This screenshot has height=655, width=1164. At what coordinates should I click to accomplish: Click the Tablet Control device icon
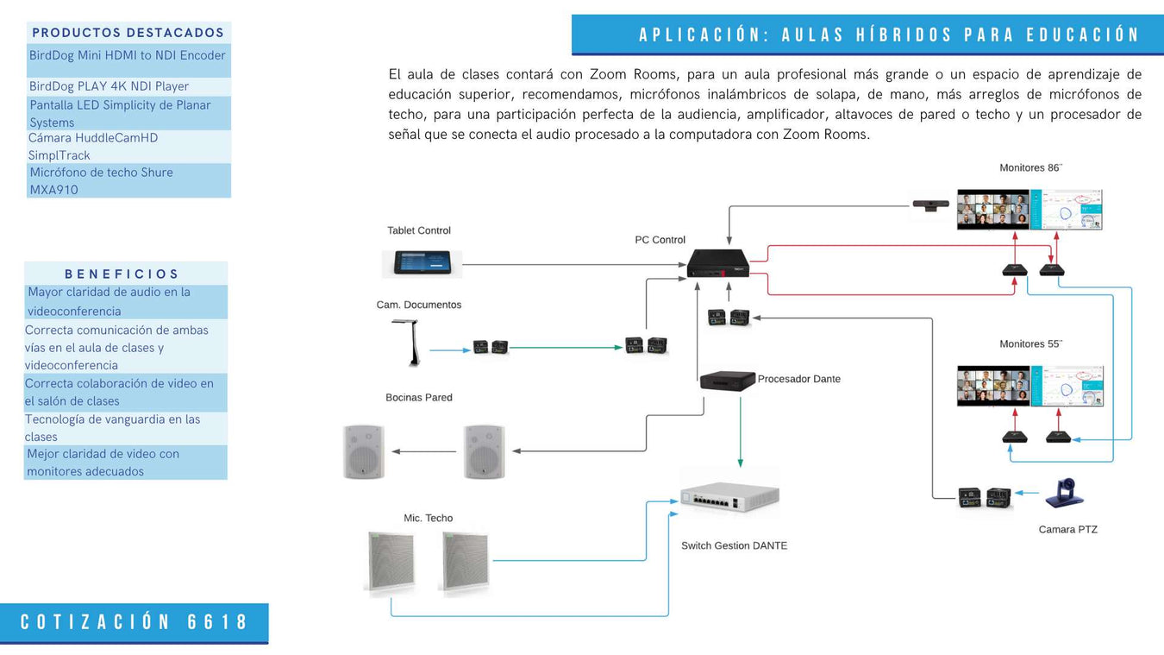(422, 262)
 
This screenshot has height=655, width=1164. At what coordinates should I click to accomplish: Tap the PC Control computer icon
(717, 263)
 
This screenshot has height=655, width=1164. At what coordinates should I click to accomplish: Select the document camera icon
(404, 343)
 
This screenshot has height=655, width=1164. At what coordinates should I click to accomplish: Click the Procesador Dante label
(798, 379)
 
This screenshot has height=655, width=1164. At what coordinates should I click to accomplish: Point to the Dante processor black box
(727, 381)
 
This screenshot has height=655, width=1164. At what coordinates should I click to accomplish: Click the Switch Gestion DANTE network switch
(729, 497)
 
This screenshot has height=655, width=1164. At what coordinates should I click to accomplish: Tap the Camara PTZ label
(1067, 529)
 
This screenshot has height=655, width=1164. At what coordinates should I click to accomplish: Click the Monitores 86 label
(1030, 167)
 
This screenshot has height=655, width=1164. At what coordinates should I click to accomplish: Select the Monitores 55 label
(1030, 343)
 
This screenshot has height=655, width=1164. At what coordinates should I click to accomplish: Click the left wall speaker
(362, 451)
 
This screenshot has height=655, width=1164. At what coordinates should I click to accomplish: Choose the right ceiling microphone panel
(464, 563)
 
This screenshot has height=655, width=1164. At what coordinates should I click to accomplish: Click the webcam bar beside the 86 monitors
(931, 205)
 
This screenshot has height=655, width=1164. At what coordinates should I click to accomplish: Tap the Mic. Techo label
(428, 518)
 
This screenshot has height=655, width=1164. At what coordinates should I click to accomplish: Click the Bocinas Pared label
(419, 397)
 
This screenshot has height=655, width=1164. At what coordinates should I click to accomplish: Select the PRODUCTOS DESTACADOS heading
(128, 33)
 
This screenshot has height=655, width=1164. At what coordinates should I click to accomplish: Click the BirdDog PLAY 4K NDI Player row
(109, 86)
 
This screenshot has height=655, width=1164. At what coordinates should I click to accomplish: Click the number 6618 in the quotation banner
(217, 622)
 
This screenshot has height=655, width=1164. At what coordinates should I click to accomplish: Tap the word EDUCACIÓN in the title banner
(1083, 35)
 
